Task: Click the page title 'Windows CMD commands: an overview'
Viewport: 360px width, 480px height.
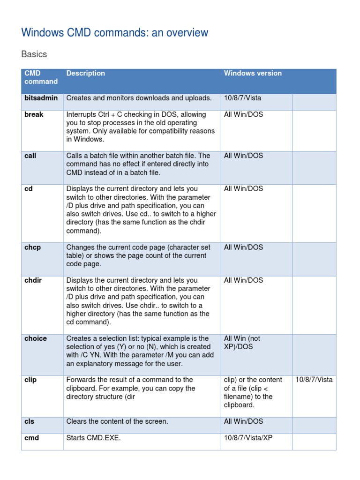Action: point(115,33)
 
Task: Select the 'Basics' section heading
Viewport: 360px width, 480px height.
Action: point(34,54)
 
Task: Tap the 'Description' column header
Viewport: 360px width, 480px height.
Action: point(86,73)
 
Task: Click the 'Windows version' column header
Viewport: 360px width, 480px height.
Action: point(253,73)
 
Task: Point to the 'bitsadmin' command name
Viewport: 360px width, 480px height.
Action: point(41,98)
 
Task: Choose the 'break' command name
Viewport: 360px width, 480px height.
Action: point(34,114)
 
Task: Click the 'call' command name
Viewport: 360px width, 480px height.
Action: point(30,156)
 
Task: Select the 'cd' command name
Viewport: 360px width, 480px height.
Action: point(29,189)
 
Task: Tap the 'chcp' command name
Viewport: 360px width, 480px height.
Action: point(32,247)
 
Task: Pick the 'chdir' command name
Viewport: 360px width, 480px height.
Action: point(33,280)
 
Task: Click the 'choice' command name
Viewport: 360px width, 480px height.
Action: point(36,338)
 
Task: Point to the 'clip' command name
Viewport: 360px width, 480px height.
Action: point(30,380)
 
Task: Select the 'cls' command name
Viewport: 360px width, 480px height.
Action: point(29,421)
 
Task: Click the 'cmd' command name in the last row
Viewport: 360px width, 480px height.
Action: point(31,438)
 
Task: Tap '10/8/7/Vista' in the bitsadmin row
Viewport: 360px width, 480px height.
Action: point(243,98)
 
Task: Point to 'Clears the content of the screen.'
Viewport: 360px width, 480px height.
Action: point(117,421)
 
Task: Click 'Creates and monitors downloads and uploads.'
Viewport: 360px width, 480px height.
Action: point(139,98)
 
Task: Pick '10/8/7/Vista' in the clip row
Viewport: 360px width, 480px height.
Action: point(314,380)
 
